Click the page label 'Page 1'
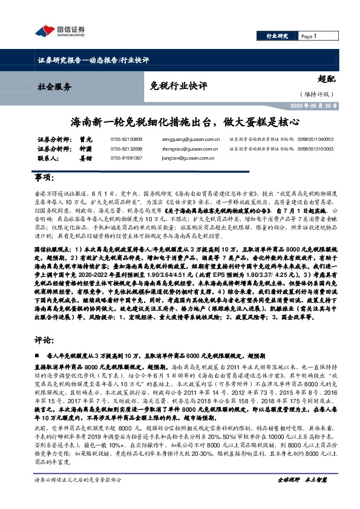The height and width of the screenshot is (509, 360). (309, 37)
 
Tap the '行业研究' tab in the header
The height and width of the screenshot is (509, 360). (277, 37)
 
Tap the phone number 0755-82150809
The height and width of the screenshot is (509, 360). (126, 139)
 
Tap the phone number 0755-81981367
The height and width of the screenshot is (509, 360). (126, 157)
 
